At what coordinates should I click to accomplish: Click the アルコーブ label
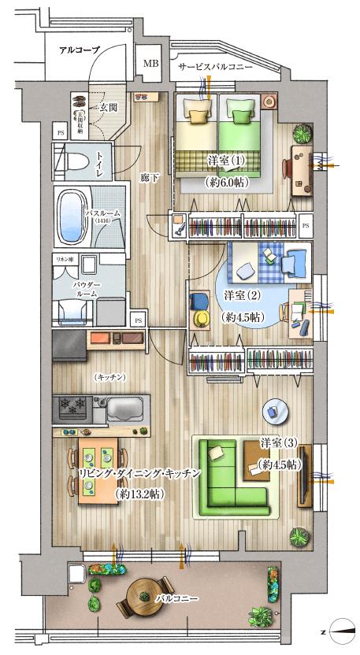point(80,50)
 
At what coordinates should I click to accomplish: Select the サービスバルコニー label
point(215,68)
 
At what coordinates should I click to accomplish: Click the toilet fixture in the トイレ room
point(73,163)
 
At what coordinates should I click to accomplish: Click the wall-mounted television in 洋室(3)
point(305,476)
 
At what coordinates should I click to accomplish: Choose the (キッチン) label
point(109,378)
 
